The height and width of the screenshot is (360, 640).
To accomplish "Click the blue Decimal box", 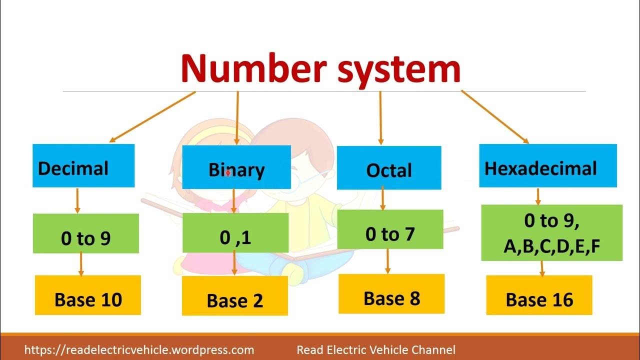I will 83,166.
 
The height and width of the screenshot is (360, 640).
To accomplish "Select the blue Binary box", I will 236,167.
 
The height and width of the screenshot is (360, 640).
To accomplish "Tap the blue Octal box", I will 389,168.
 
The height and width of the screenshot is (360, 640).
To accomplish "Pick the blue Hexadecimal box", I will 547,166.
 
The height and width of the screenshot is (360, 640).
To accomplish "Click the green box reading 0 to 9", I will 85,233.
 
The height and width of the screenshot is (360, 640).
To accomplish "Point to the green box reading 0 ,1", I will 235,233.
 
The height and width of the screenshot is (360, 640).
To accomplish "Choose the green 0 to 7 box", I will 390,229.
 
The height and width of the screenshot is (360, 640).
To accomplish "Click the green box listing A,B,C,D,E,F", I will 551,233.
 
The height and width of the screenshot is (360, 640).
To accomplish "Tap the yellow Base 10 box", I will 88,295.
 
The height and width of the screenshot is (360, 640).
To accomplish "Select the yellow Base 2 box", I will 234,296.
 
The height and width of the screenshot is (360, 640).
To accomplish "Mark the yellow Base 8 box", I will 391,294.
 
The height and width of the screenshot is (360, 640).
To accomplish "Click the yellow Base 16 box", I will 539,295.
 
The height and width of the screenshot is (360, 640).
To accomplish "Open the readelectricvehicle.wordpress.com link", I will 139,350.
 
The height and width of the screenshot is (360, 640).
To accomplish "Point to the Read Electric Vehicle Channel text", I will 376,350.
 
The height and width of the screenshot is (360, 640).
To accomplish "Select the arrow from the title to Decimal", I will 152,117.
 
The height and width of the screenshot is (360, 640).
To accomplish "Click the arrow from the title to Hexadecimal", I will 494,117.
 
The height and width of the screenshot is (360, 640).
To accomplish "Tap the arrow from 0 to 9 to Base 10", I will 80,263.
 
